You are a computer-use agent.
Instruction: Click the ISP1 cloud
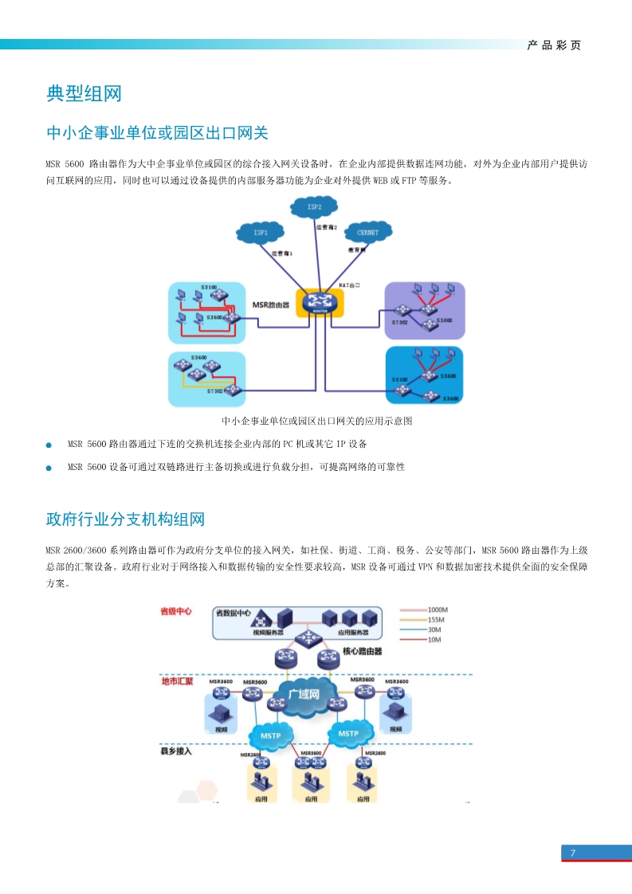[x=261, y=233]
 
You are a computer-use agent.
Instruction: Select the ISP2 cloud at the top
[x=314, y=207]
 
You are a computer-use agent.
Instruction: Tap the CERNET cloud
[x=368, y=232]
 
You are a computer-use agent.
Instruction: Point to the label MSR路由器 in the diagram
[x=272, y=304]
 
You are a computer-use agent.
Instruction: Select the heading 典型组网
[x=84, y=94]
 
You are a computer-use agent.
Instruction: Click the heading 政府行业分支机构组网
[x=125, y=520]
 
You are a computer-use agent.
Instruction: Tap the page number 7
[x=572, y=853]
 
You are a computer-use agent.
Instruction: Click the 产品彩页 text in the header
[x=554, y=45]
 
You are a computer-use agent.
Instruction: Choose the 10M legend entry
[x=434, y=640]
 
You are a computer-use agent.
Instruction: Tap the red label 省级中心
[x=175, y=611]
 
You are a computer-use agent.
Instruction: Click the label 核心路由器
[x=362, y=651]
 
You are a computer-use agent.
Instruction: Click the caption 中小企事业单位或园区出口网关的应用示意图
[x=316, y=421]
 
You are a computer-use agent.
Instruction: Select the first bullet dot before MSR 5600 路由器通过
[x=49, y=445]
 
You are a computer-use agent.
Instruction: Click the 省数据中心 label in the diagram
[x=234, y=614]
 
